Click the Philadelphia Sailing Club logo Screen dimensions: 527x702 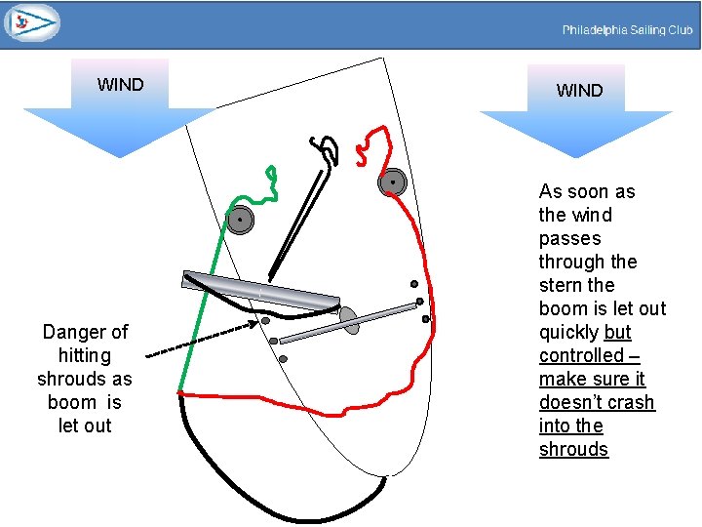click(x=31, y=22)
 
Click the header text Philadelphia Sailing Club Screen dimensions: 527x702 click(x=627, y=30)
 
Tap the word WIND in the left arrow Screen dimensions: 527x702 click(x=120, y=85)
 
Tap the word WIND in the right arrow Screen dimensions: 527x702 click(x=579, y=91)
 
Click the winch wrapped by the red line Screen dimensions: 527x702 click(x=393, y=182)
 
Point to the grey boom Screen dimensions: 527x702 click(x=263, y=292)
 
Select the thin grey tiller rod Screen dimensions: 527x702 click(x=346, y=324)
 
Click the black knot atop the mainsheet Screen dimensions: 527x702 click(x=326, y=148)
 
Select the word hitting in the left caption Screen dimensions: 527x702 click(x=85, y=355)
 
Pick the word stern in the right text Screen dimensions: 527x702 click(x=563, y=285)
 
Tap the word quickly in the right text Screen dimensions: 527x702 click(x=570, y=332)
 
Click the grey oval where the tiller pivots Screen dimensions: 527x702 click(x=349, y=320)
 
